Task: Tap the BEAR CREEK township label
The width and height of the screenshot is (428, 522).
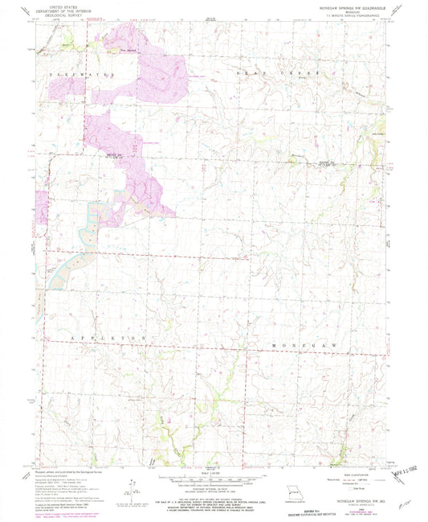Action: point(284,73)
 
